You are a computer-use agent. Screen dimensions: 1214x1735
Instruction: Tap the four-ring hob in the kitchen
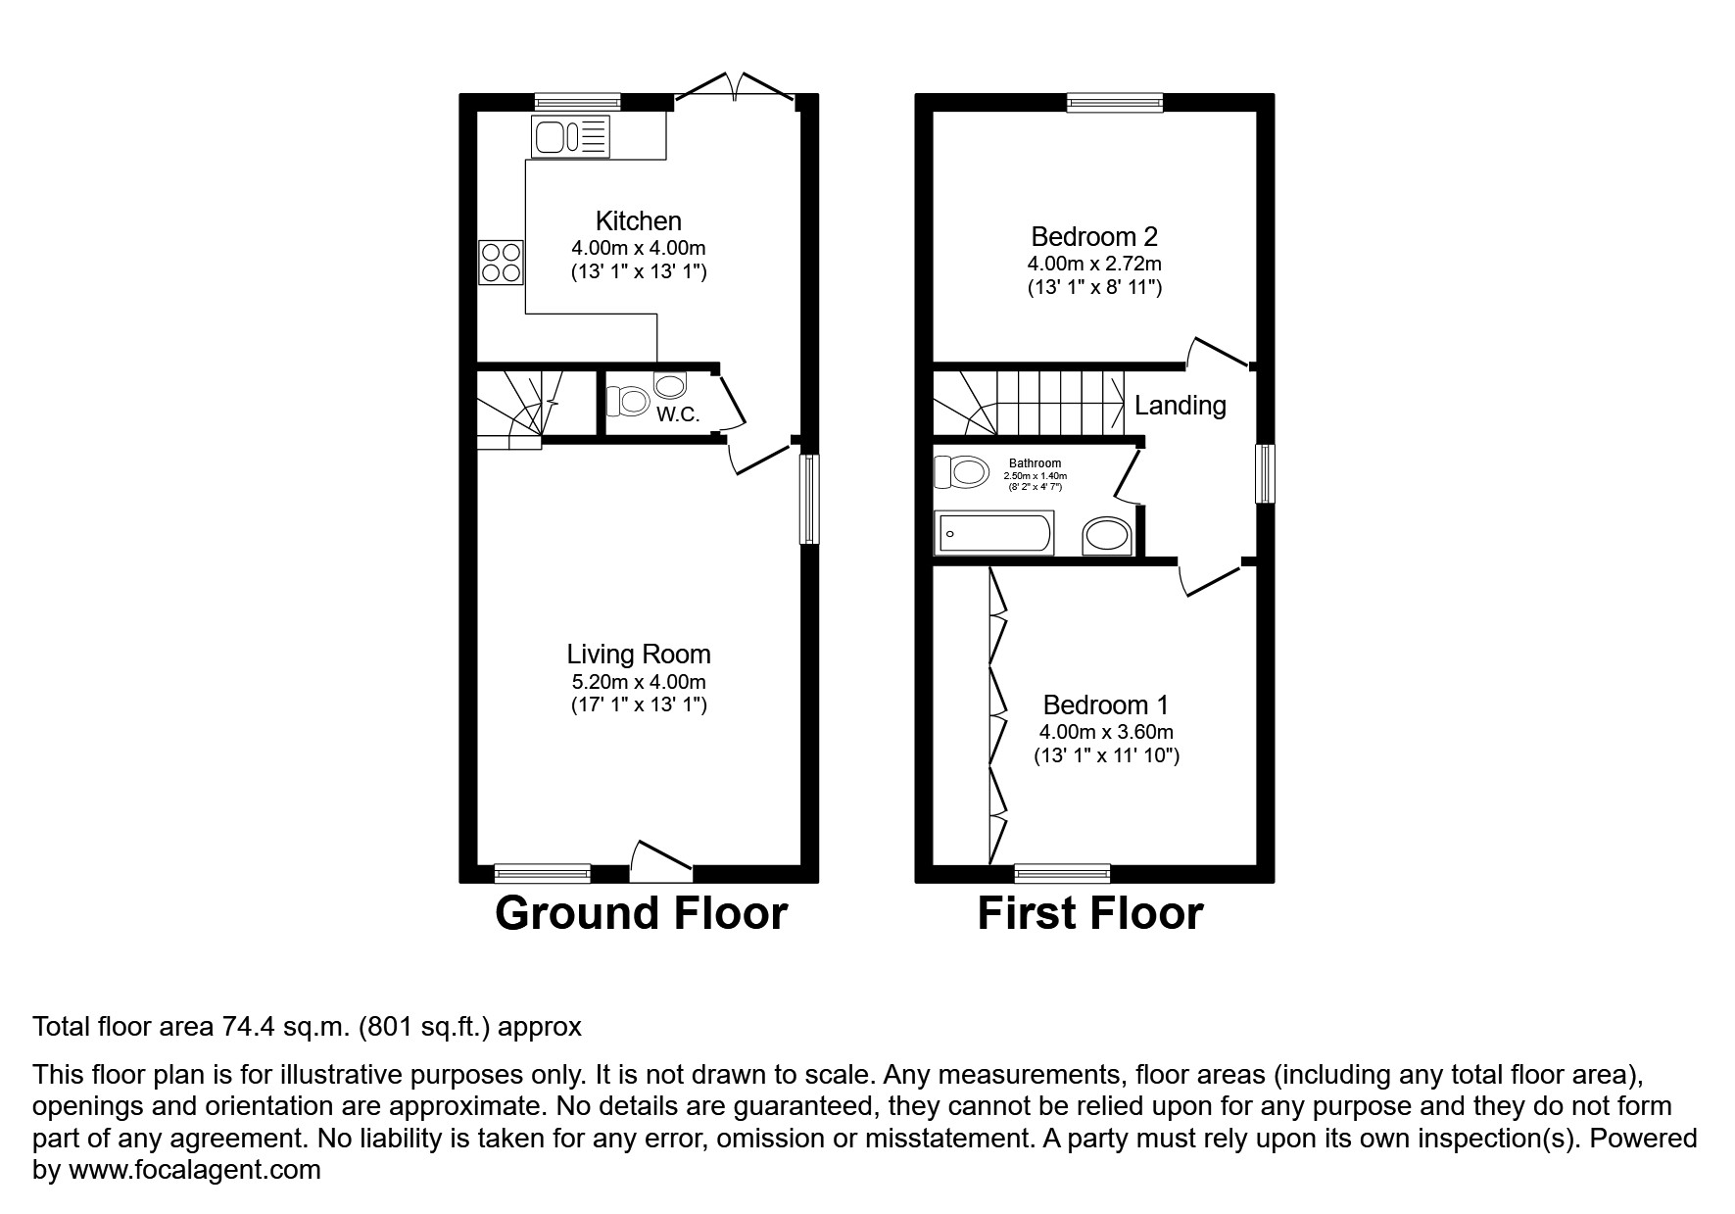click(x=501, y=262)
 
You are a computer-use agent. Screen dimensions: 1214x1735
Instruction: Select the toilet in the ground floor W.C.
click(x=629, y=401)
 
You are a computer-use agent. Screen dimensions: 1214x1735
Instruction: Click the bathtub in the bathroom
click(x=993, y=533)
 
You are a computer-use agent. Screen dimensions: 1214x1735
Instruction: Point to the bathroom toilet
click(x=961, y=472)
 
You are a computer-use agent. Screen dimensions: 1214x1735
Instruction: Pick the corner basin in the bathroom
click(x=1107, y=535)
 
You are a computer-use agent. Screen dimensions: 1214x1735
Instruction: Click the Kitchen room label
click(x=638, y=220)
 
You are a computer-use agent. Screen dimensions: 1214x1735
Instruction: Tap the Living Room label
click(x=638, y=654)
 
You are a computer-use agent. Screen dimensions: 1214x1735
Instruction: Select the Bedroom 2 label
click(x=1093, y=236)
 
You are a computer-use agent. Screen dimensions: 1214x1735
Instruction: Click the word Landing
click(x=1180, y=405)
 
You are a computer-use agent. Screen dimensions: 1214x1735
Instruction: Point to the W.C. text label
click(x=678, y=414)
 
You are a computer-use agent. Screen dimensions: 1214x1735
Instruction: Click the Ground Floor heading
click(x=641, y=913)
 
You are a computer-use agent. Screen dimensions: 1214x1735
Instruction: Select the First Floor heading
click(x=1089, y=913)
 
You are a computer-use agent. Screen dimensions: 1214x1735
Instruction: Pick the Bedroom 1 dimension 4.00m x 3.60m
click(x=1106, y=732)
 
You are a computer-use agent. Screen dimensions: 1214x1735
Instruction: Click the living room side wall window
click(x=809, y=498)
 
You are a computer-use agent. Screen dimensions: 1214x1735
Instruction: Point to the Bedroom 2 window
click(x=1115, y=102)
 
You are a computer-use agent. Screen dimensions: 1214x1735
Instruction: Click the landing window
click(x=1265, y=473)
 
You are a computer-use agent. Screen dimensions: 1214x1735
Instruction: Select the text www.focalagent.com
click(x=194, y=1170)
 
